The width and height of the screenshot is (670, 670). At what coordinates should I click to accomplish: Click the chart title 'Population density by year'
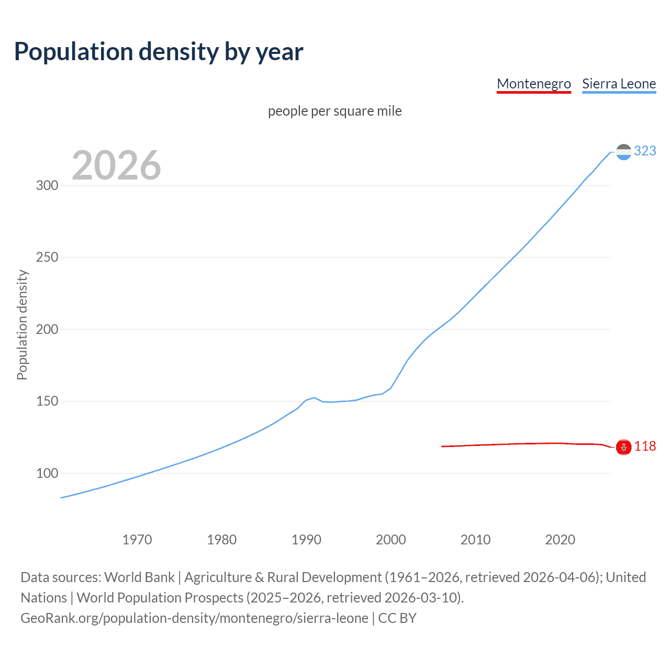[x=159, y=52]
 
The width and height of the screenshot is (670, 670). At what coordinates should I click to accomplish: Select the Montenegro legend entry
[x=533, y=84]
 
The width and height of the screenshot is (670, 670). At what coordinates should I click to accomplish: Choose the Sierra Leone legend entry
[x=619, y=84]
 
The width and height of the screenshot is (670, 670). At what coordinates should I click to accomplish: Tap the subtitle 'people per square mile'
[x=334, y=111]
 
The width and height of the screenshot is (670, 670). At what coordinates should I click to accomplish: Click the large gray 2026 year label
[x=116, y=165]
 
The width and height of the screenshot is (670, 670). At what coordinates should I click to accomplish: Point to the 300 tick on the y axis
[x=47, y=186]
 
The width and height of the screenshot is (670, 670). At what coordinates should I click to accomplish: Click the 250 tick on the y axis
[x=47, y=258]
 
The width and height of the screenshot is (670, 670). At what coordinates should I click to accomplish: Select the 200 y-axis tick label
[x=47, y=330]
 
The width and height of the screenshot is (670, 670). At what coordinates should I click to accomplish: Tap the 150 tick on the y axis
[x=47, y=401]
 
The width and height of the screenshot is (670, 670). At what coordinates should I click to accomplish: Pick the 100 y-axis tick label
[x=47, y=473]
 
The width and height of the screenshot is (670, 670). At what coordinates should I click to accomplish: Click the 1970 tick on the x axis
[x=137, y=540]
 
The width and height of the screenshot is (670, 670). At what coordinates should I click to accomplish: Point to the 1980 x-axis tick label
[x=221, y=540]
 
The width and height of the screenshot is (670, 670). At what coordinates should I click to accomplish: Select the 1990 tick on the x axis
[x=306, y=540]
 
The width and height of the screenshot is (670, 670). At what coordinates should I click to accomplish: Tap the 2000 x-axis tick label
[x=391, y=540]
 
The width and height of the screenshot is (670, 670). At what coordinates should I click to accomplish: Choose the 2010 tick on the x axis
[x=475, y=540]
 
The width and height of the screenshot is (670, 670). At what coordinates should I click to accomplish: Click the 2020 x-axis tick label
[x=560, y=540]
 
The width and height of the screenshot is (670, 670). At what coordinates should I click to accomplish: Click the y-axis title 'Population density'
[x=22, y=325]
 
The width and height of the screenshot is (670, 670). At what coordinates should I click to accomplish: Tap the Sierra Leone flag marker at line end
[x=623, y=152]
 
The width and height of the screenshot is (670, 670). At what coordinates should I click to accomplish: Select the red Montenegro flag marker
[x=623, y=447]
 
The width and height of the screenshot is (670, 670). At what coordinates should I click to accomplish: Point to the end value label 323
[x=645, y=151]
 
